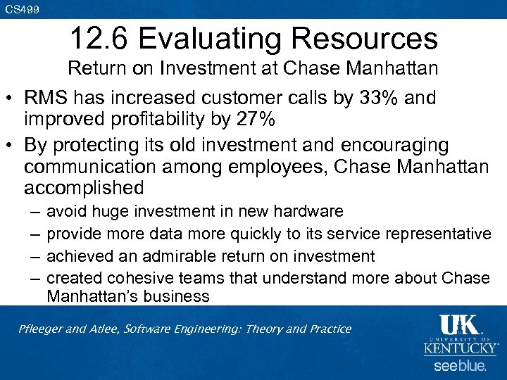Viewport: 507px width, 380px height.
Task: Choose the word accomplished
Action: point(84,189)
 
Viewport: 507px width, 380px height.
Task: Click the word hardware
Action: point(310,211)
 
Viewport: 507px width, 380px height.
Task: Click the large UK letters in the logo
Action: point(458,326)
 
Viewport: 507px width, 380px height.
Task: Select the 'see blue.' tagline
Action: point(458,365)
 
